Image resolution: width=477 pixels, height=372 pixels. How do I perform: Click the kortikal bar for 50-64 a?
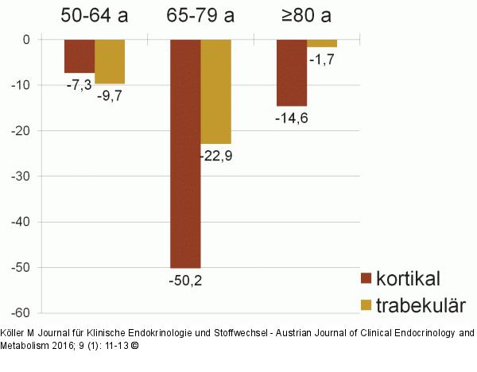[79, 56]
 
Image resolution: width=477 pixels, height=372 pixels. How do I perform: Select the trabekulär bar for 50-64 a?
[110, 61]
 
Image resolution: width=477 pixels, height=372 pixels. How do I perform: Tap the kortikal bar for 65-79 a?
[185, 153]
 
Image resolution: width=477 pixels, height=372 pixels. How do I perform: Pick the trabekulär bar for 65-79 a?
[215, 91]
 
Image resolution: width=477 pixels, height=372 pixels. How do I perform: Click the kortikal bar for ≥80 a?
[292, 72]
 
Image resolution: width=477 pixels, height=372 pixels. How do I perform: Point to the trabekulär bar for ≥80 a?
[322, 43]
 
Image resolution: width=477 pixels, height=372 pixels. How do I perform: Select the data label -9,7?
[110, 95]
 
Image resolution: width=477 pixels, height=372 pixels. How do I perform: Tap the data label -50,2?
[185, 280]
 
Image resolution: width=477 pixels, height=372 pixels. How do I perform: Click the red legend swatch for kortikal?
[366, 278]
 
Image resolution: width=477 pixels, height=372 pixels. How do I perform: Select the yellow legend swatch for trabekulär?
[366, 305]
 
